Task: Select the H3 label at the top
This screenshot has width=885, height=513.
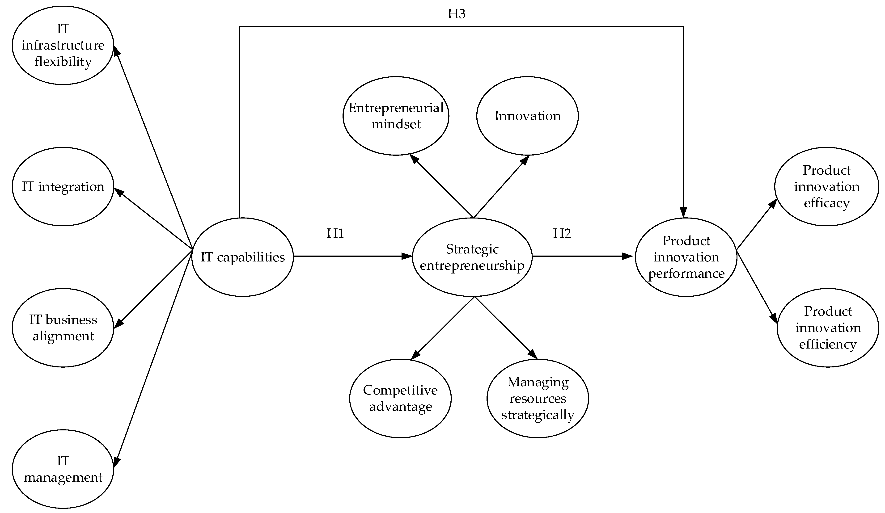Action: point(456,14)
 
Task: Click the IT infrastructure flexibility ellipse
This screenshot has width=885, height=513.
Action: point(63,45)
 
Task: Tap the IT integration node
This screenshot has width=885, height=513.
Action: point(63,186)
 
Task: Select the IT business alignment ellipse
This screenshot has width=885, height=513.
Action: point(63,328)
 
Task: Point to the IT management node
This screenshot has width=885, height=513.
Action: point(63,469)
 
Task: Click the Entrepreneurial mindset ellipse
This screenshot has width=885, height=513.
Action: point(396,116)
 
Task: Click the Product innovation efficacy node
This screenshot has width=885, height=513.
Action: point(826,186)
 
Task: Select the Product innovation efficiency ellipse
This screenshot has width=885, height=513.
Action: point(828,328)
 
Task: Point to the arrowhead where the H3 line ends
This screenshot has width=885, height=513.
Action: point(683,213)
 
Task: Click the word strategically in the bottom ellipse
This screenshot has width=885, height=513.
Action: point(538,415)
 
